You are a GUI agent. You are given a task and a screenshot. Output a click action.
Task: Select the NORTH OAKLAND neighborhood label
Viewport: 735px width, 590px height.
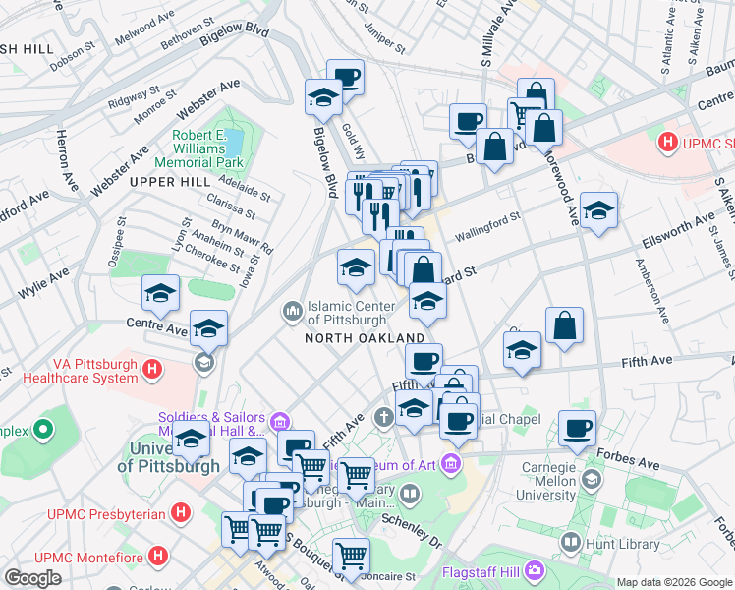click(x=364, y=338)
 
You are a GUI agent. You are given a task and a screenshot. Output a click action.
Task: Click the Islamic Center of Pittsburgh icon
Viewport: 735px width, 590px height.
click(x=292, y=312)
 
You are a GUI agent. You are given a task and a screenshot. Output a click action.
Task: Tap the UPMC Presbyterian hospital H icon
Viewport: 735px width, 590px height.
click(x=180, y=512)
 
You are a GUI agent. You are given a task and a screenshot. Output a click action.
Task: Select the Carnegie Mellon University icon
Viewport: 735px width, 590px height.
click(x=591, y=479)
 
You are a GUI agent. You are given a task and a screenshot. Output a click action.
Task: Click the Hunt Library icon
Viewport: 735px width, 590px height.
click(x=570, y=541)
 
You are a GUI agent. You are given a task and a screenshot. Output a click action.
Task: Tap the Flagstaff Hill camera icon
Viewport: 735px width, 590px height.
click(x=534, y=569)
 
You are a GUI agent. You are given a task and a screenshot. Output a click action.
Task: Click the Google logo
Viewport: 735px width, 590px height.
click(x=32, y=578)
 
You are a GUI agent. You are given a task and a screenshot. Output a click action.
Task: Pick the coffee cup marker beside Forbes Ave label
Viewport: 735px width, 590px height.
click(x=577, y=428)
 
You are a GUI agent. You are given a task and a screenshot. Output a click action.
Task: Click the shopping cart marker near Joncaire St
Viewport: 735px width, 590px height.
click(x=351, y=556)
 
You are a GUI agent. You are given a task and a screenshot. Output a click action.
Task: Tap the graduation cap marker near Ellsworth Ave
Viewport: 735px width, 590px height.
click(x=597, y=211)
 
